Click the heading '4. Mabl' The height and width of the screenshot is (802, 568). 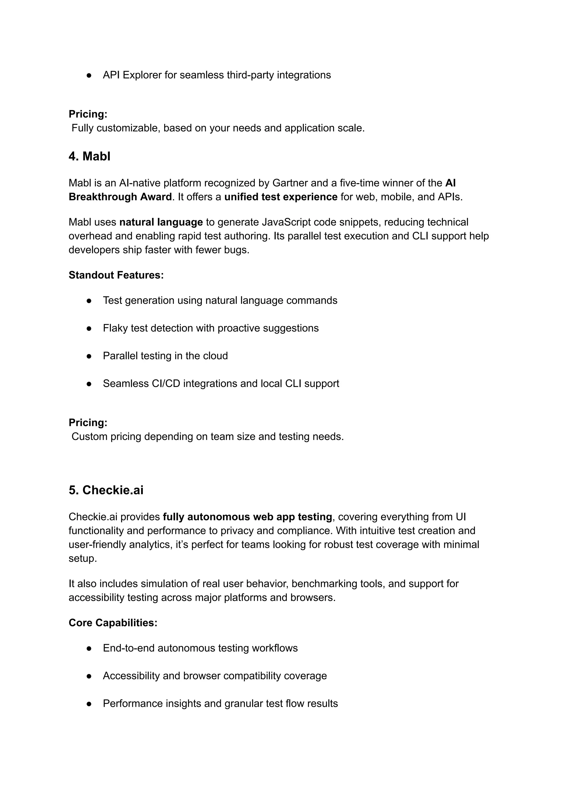pyautogui.click(x=89, y=156)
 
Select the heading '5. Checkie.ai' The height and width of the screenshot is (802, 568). pyautogui.click(x=106, y=490)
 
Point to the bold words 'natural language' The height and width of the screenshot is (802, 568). pyautogui.click(x=161, y=222)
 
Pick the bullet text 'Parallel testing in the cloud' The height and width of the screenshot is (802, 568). pyautogui.click(x=165, y=356)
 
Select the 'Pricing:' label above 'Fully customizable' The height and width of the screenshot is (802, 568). pyautogui.click(x=88, y=114)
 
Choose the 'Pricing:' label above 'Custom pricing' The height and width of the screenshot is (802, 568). pyautogui.click(x=88, y=423)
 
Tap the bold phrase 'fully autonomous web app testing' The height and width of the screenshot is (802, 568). pyautogui.click(x=247, y=517)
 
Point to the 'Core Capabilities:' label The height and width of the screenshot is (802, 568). pyautogui.click(x=113, y=623)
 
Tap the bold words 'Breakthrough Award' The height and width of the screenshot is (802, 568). pyautogui.click(x=120, y=197)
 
